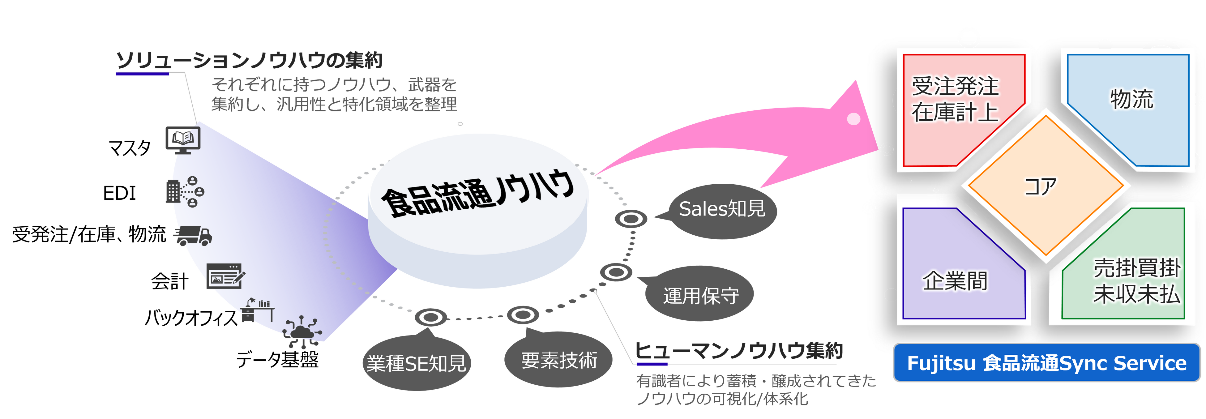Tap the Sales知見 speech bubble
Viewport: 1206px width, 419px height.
pyautogui.click(x=722, y=209)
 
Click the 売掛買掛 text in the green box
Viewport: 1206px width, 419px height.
pyautogui.click(x=1137, y=268)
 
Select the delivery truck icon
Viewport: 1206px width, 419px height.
pyautogui.click(x=193, y=236)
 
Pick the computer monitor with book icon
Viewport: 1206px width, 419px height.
pyautogui.click(x=183, y=139)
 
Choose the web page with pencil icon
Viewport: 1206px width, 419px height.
pyautogui.click(x=225, y=276)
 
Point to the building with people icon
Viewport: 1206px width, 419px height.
pyautogui.click(x=185, y=191)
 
